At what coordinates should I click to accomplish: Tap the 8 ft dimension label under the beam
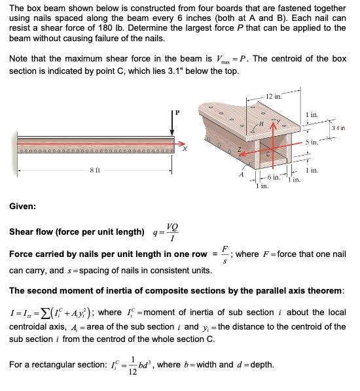(x=95, y=171)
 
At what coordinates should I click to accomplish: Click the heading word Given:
(x=23, y=207)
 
